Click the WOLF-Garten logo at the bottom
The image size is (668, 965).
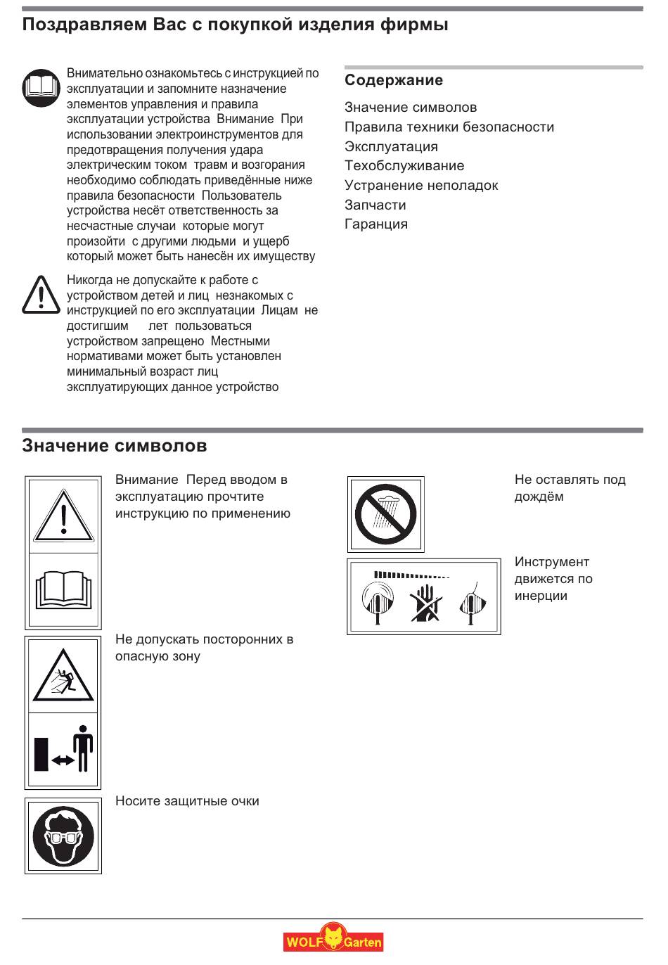[x=333, y=940]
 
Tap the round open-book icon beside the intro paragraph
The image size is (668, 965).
[x=41, y=88]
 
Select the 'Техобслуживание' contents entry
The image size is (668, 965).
[x=404, y=166]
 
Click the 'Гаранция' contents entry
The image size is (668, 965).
[x=376, y=224]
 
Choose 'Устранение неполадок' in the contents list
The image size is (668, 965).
[x=421, y=186]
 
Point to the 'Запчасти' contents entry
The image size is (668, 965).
[x=375, y=205]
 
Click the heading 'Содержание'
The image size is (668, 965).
[x=394, y=80]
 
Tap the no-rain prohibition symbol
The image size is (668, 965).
[x=385, y=514]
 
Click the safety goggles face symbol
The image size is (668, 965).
[x=63, y=836]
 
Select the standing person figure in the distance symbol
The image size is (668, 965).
[x=84, y=748]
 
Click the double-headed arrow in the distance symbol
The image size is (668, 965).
[x=63, y=760]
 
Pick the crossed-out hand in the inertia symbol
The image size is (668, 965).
[x=425, y=603]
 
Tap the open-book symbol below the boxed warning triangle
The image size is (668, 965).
[x=63, y=590]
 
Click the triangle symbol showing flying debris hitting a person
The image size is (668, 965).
[x=63, y=676]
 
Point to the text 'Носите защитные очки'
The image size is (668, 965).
[x=187, y=801]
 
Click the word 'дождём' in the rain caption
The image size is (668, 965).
[x=539, y=497]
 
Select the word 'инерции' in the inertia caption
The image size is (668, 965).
[x=541, y=596]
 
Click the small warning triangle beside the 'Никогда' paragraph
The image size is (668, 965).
[x=41, y=295]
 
